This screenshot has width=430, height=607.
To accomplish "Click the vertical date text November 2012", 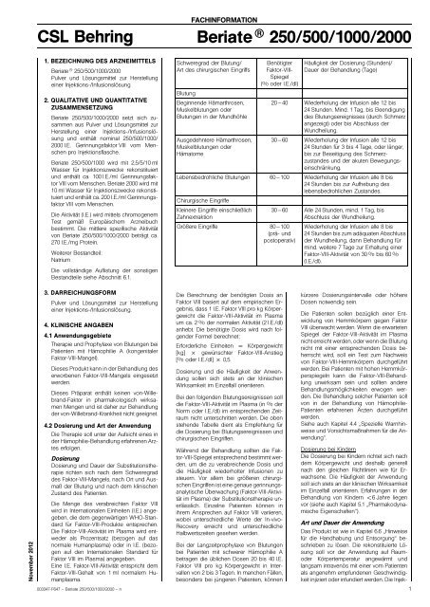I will tap(9, 557).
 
